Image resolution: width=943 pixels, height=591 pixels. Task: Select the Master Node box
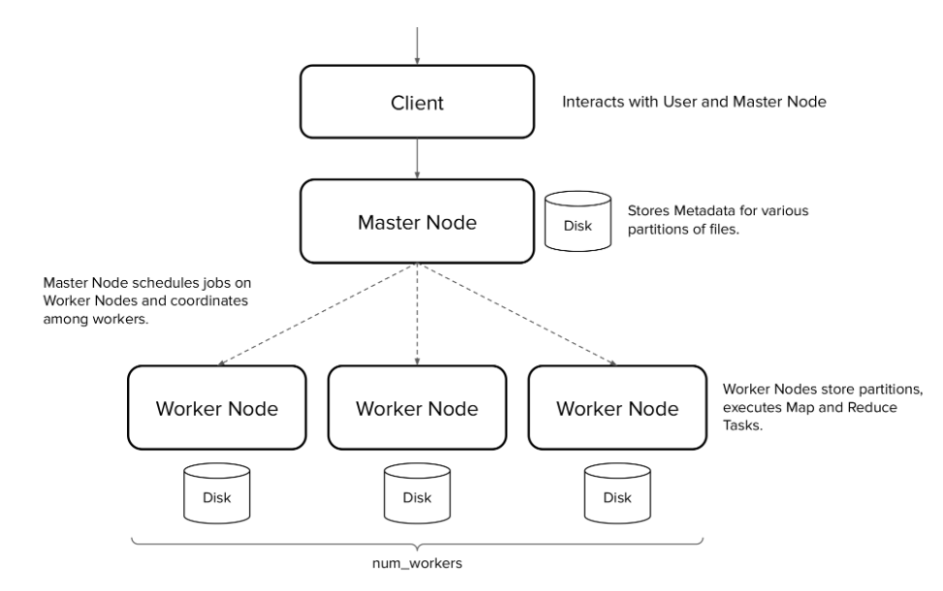[416, 220]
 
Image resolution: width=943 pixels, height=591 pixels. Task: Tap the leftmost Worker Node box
[216, 408]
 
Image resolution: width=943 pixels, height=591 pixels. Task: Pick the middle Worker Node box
[416, 408]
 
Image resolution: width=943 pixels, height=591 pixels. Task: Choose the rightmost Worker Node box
[615, 408]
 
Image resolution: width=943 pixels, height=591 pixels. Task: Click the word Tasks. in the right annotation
[743, 424]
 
